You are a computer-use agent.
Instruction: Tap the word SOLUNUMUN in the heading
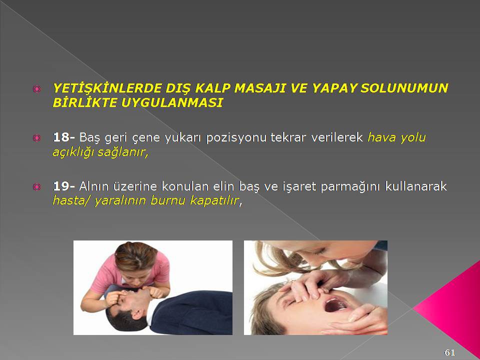point(404,88)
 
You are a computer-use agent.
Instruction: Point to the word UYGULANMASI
point(171,102)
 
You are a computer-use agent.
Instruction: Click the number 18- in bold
point(64,137)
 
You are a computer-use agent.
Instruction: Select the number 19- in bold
point(64,186)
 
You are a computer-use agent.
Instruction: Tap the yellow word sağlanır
point(123,152)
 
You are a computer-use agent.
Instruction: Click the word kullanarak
point(416,186)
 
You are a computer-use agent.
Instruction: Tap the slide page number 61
point(449,352)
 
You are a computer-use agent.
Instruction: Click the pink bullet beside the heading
point(36,89)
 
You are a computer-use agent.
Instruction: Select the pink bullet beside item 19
point(36,186)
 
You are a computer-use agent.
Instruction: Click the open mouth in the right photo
point(335,304)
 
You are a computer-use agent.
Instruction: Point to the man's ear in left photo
point(136,314)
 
